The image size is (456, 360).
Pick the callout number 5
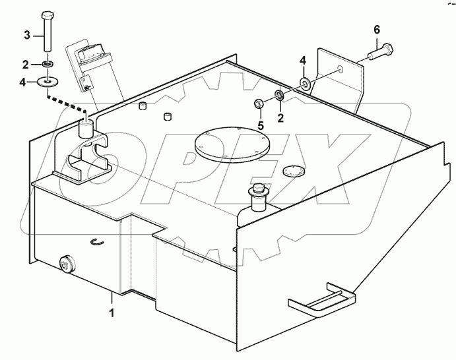260,125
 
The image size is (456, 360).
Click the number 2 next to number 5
280,119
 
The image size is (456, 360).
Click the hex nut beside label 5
260,104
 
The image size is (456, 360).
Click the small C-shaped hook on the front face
96,243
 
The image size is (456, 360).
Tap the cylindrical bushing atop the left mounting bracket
85,127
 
